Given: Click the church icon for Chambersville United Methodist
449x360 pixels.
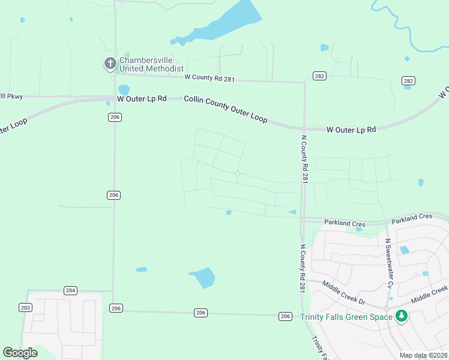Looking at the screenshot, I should [110, 63].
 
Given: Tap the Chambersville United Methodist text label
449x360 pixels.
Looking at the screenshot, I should [151, 64].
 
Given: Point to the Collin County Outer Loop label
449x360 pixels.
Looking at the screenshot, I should [226, 109].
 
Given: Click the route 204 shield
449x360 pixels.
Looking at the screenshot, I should [71, 290].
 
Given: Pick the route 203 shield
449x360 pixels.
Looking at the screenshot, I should [25, 307].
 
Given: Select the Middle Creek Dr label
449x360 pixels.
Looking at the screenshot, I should [345, 292].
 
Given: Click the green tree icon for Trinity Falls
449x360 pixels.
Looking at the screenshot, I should [401, 316].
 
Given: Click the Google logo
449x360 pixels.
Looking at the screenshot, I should [20, 353].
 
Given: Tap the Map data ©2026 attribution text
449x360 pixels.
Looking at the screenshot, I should [423, 355].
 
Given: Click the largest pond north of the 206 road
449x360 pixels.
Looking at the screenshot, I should [203, 277].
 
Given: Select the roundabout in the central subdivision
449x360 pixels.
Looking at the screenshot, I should [238, 175].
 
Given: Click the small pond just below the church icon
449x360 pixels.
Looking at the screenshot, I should [124, 89].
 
